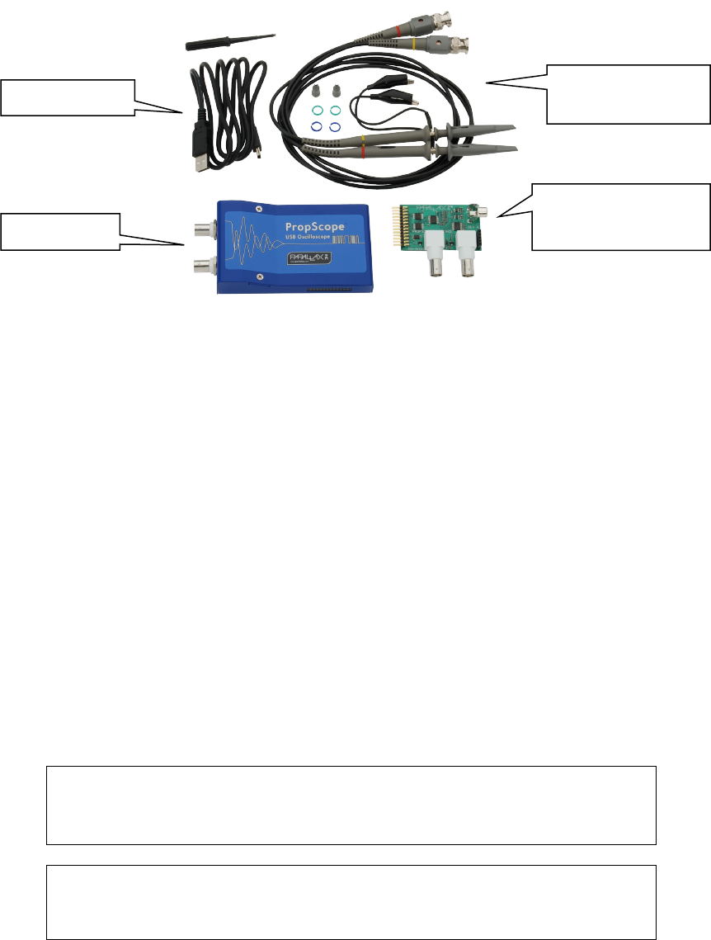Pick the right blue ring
click(335, 127)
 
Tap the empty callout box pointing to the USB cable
click(68, 97)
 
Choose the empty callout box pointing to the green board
click(621, 215)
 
